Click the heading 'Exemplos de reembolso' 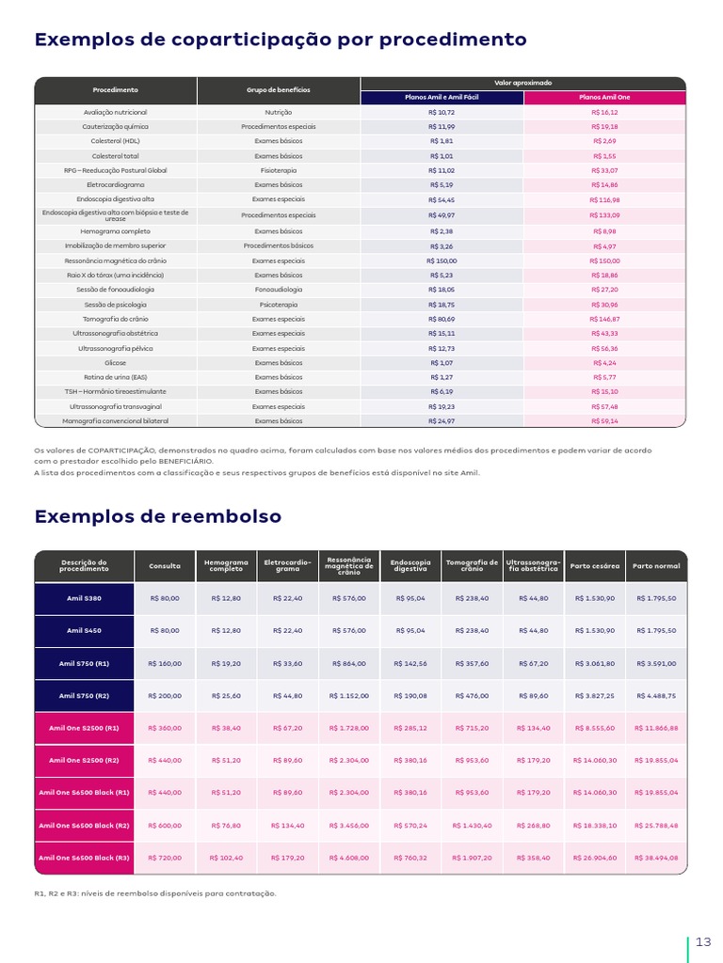157,516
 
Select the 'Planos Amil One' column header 604,97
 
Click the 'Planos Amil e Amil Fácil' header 442,97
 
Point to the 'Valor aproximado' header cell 522,84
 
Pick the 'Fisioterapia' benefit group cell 278,170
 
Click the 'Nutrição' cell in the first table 278,112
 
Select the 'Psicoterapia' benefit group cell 278,305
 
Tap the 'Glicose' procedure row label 115,362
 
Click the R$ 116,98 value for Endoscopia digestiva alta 604,200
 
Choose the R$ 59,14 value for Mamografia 604,420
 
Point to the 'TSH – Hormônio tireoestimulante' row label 115,391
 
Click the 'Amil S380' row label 84,598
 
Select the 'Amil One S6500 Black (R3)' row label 84,858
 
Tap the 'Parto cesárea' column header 594,566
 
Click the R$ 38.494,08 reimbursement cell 656,858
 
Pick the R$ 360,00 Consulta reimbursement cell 165,728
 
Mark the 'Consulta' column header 165,566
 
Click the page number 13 703,942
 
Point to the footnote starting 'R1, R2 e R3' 155,892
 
